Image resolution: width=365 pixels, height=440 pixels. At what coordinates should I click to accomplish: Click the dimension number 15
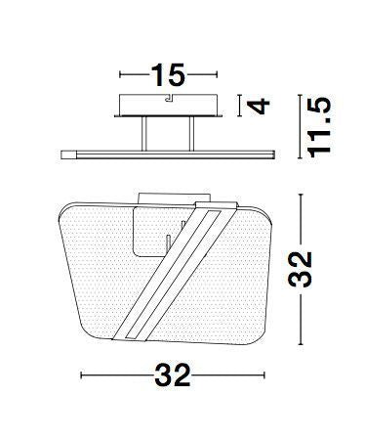pos(168,75)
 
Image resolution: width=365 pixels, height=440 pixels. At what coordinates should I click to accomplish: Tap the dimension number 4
pos(259,106)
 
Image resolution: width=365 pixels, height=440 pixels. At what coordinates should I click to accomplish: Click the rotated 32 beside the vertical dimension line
pos(301,269)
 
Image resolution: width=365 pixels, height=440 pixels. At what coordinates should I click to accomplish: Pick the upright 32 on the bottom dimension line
pos(173,375)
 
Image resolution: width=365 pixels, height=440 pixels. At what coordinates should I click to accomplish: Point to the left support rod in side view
pos(144,134)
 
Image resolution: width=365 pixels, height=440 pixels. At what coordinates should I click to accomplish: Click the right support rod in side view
pos(191,134)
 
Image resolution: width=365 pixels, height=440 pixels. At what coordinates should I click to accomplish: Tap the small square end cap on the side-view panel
pos(68,154)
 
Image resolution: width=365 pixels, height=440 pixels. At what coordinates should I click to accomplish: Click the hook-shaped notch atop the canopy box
pos(170,98)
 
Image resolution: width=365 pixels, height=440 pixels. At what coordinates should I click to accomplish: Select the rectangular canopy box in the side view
pos(168,105)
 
